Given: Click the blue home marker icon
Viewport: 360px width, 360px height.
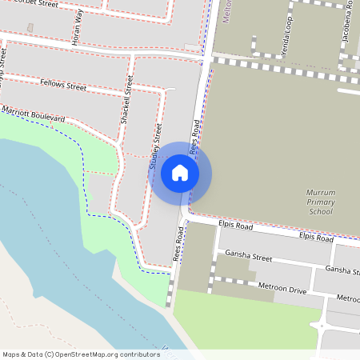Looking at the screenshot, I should click(180, 173).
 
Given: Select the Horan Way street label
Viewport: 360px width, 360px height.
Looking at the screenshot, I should click(78, 28).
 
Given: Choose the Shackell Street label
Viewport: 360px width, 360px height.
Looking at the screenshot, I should click(125, 98).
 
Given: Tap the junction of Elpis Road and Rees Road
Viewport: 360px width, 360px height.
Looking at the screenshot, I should click(188, 217).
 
